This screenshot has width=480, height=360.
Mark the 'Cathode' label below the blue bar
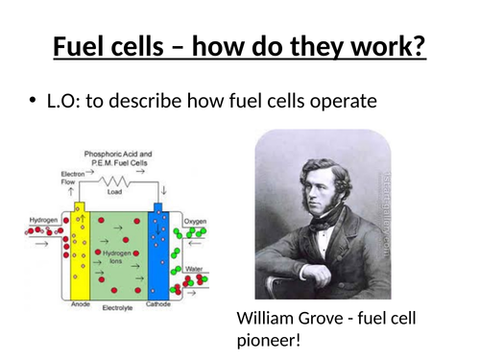coord(159,304)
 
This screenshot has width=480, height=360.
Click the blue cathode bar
coord(158,254)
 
